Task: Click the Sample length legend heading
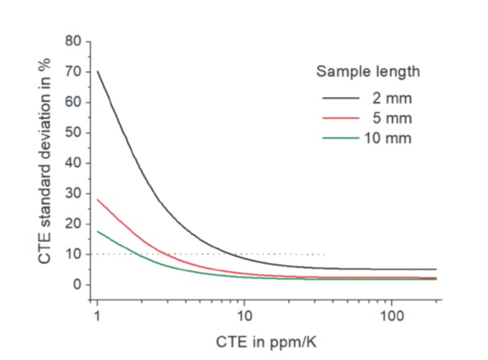[367, 71]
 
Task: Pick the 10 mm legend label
[390, 138]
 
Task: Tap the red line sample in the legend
[340, 117]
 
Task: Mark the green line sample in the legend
[340, 138]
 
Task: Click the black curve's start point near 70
[97, 72]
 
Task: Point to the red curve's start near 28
[97, 199]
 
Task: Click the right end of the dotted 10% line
[324, 254]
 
